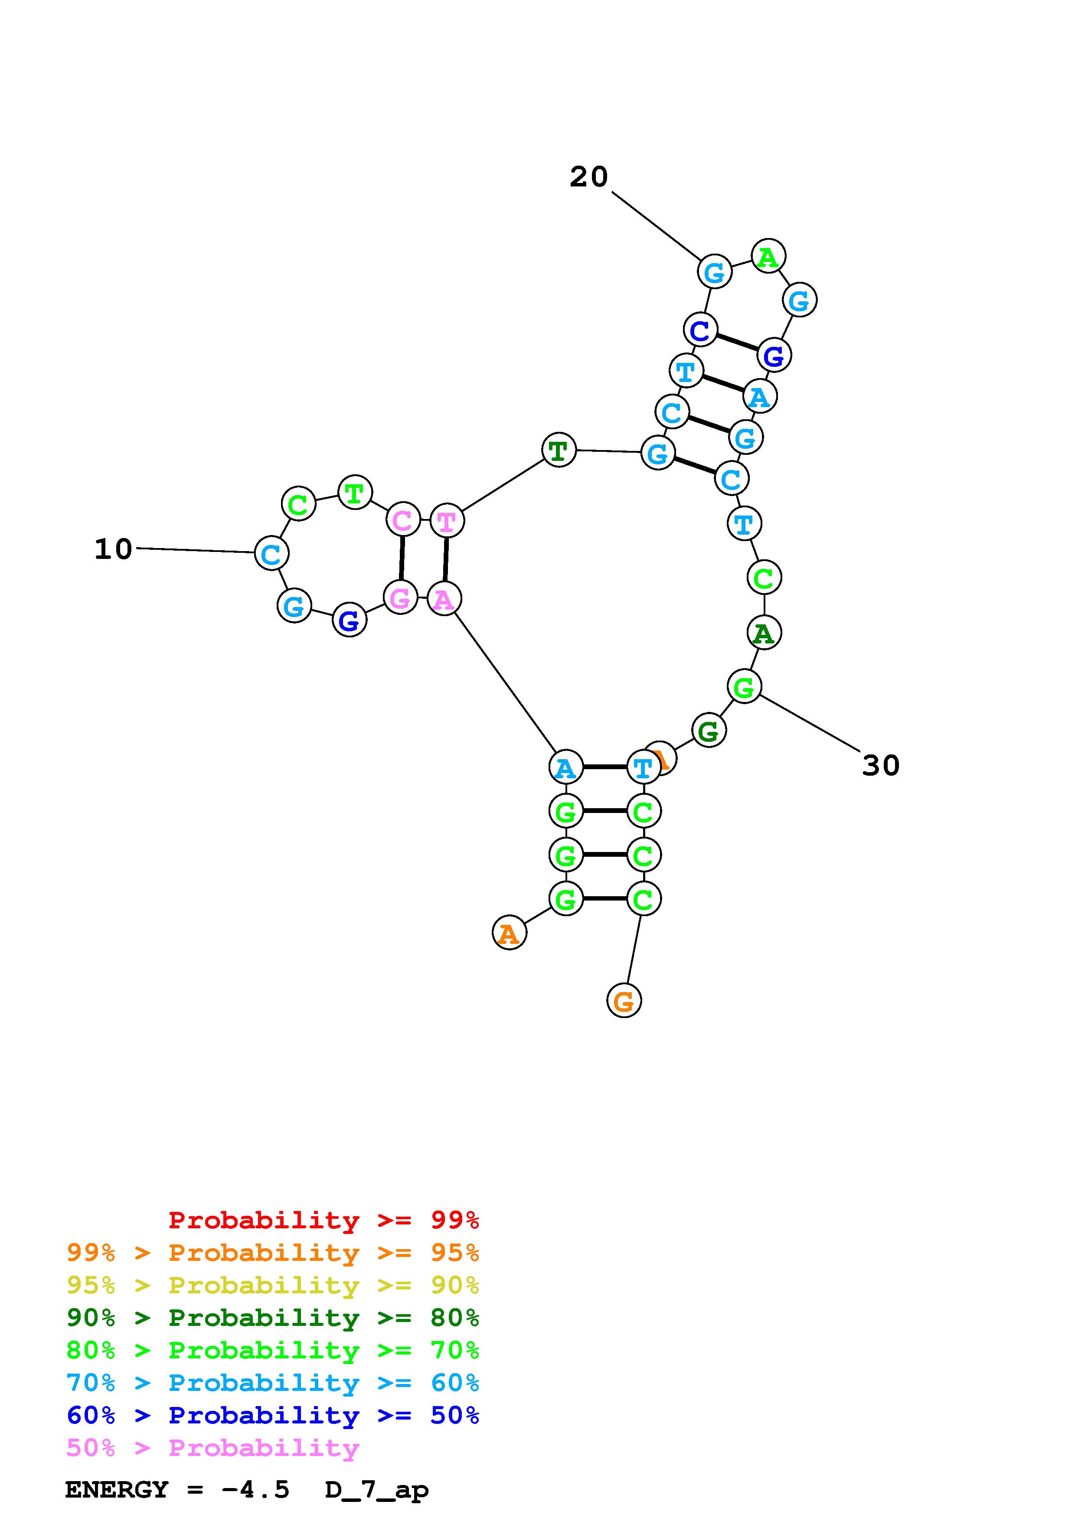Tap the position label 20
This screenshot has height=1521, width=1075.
click(588, 177)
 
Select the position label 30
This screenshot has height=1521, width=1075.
click(880, 766)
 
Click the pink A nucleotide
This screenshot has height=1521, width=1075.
click(444, 599)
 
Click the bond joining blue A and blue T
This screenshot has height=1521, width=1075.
click(604, 767)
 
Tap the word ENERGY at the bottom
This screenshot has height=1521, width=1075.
click(117, 1490)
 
